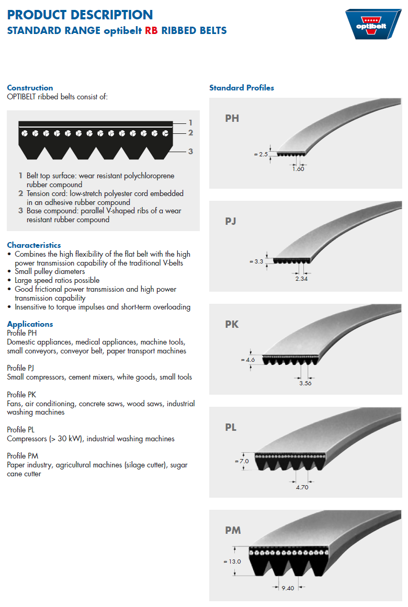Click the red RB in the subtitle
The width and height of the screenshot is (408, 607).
tap(152, 30)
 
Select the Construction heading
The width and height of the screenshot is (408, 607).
tap(30, 88)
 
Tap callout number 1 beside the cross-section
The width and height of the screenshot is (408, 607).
tap(190, 122)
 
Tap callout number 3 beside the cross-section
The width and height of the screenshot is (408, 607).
tap(190, 151)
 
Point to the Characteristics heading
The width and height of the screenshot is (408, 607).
tap(34, 245)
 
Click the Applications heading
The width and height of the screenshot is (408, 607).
tap(30, 324)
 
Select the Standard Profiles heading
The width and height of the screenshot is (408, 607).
tap(242, 87)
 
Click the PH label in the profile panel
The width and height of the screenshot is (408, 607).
tap(232, 118)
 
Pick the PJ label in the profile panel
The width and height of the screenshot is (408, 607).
tap(231, 221)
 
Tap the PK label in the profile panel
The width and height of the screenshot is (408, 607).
tap(232, 324)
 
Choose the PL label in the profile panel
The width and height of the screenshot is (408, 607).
tap(231, 427)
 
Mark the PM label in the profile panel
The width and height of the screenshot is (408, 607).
tap(233, 530)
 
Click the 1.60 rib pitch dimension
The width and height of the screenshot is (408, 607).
tap(298, 168)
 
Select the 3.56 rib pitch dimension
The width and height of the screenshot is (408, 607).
tap(305, 383)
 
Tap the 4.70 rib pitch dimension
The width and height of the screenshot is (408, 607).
tap(302, 487)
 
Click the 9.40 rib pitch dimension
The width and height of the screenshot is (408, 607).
tap(288, 588)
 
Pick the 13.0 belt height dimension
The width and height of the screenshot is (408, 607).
tap(232, 562)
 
